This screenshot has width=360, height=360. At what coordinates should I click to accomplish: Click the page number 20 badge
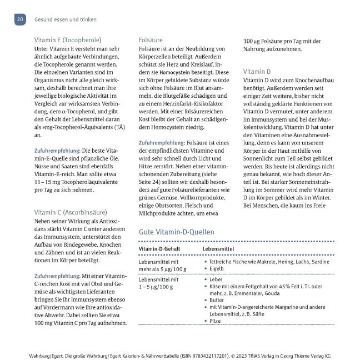(x=19, y=19)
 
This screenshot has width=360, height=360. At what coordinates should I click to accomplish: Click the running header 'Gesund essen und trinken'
(x=64, y=19)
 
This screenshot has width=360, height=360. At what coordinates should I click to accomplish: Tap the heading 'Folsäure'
(x=150, y=40)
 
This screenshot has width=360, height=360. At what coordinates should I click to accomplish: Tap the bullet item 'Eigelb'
(x=218, y=269)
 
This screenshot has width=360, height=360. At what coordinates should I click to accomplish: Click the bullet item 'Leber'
(x=217, y=279)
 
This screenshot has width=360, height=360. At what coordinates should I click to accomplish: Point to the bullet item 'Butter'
(x=218, y=299)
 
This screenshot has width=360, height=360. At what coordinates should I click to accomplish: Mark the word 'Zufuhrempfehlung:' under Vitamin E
(x=58, y=151)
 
